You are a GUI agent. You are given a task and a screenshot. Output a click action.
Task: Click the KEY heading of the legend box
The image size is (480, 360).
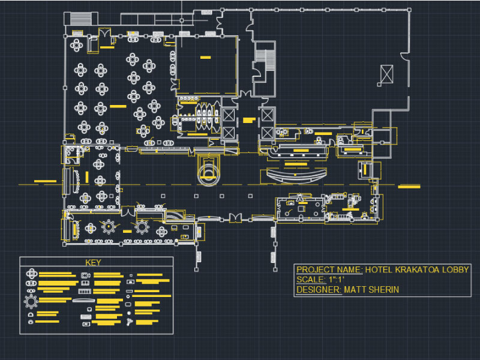tap(94, 262)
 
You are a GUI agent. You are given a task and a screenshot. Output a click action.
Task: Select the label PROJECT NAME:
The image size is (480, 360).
tap(329, 269)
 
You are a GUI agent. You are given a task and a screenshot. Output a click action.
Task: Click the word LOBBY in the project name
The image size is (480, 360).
tap(455, 269)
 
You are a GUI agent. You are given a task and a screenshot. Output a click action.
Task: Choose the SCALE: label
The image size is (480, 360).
tap(310, 280)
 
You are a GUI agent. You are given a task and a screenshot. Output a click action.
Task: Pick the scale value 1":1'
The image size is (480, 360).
tap(335, 280)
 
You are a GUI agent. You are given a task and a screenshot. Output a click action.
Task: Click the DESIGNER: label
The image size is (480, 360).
tap(319, 290)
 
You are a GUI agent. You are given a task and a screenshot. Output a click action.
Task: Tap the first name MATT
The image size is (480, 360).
tap(356, 290)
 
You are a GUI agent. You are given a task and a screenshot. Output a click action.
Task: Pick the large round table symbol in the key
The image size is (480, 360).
tap(31, 300)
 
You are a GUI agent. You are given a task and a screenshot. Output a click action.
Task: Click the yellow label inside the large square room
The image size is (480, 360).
tap(205, 58)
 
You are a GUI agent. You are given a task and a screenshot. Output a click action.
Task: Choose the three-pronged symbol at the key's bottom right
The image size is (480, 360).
tap(130, 323)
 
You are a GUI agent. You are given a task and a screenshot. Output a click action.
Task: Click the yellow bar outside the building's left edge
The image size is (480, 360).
tap(44, 181)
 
